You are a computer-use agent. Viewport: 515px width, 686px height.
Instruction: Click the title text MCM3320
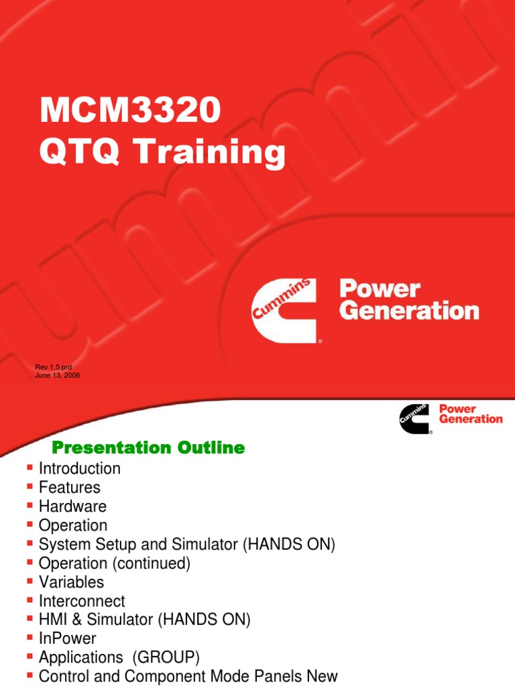coord(130,111)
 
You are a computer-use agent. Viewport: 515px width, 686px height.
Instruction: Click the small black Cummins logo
coord(414,418)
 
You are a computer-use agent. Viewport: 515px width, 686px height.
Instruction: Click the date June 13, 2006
coord(58,375)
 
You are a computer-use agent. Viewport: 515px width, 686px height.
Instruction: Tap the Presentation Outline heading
coord(148,448)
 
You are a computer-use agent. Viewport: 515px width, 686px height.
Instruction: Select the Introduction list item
coord(80,469)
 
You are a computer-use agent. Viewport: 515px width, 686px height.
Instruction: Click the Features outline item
coord(70,488)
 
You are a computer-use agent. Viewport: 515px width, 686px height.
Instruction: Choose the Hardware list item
coord(72,506)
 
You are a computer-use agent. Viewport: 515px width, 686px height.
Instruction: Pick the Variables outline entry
coord(72,582)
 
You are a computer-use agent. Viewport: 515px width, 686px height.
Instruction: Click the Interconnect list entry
coord(82,602)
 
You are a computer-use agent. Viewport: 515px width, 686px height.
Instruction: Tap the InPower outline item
coord(68,639)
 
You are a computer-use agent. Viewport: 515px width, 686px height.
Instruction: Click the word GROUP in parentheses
coord(164,658)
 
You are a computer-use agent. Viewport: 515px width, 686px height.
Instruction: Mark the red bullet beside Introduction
coord(29,468)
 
